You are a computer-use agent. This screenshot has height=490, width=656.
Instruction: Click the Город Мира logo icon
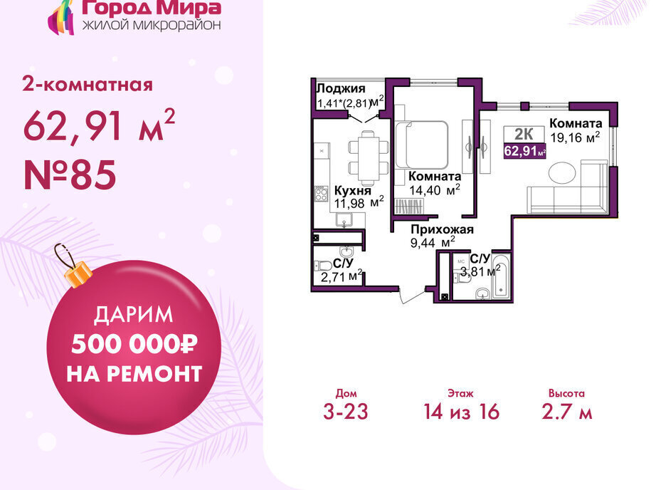pyautogui.click(x=61, y=17)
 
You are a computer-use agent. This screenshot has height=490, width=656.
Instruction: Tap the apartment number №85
pyautogui.click(x=70, y=174)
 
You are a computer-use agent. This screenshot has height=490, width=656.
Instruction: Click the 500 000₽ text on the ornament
pyautogui.click(x=134, y=344)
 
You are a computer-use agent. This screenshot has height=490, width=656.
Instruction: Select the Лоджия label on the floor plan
pyautogui.click(x=341, y=88)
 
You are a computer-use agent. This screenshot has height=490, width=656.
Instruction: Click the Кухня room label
pyautogui.click(x=353, y=191)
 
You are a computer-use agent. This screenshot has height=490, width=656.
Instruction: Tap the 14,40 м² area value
pyautogui.click(x=435, y=189)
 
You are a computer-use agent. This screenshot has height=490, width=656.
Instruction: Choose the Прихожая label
pyautogui.click(x=443, y=229)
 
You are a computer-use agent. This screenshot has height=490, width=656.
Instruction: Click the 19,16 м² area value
pyautogui.click(x=576, y=137)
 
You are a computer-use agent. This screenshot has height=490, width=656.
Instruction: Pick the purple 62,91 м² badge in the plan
pyautogui.click(x=524, y=150)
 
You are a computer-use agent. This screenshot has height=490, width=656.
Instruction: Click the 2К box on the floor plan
pyautogui.click(x=524, y=134)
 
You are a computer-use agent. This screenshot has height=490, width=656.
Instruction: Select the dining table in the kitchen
pyautogui.click(x=368, y=158)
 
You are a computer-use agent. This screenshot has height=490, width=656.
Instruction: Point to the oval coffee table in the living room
pyautogui.click(x=562, y=172)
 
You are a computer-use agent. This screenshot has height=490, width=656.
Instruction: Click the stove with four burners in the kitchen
pyautogui.click(x=322, y=194)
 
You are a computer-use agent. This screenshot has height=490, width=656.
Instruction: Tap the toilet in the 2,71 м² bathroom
pyautogui.click(x=323, y=266)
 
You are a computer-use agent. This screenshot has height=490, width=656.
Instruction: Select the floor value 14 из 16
pyautogui.click(x=462, y=411)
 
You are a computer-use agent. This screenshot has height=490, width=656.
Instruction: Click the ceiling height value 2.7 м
pyautogui.click(x=567, y=411)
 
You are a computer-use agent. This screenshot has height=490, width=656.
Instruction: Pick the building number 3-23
pyautogui.click(x=346, y=411)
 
